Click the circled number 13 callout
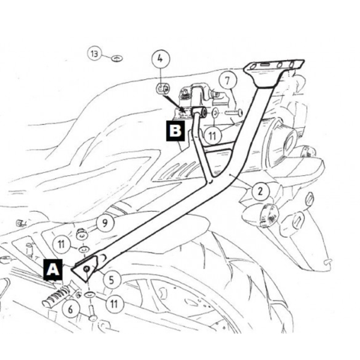tap(94, 54)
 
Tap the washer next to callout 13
tap(117, 58)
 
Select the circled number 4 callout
tap(160, 59)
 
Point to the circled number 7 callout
tap(227, 81)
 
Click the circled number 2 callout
tap(260, 191)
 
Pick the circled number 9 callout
tap(105, 223)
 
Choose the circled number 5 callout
tap(111, 280)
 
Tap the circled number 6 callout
tap(70, 309)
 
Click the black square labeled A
tap(53, 270)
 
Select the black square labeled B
tap(175, 130)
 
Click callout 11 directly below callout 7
tap(212, 136)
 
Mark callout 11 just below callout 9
tap(61, 244)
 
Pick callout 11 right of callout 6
tap(114, 304)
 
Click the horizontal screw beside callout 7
tap(233, 113)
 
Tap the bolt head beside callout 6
tap(93, 313)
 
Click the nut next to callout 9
tap(81, 233)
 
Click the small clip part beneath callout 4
tap(163, 89)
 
